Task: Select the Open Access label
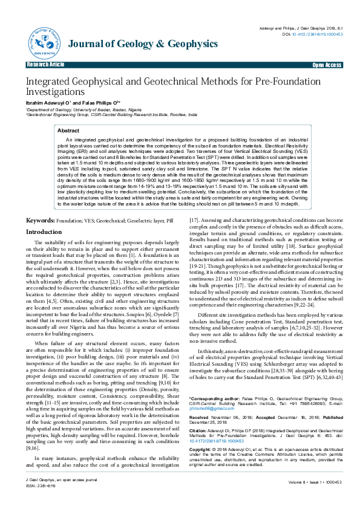pos(326,65)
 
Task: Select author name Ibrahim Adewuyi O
pos(48,103)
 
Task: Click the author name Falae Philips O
pos(100,103)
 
